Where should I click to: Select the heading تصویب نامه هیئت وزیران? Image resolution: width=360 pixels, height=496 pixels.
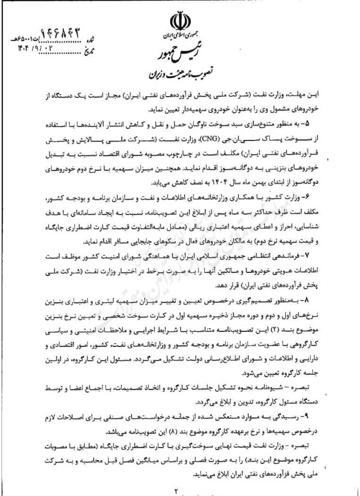coord(180,74)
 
